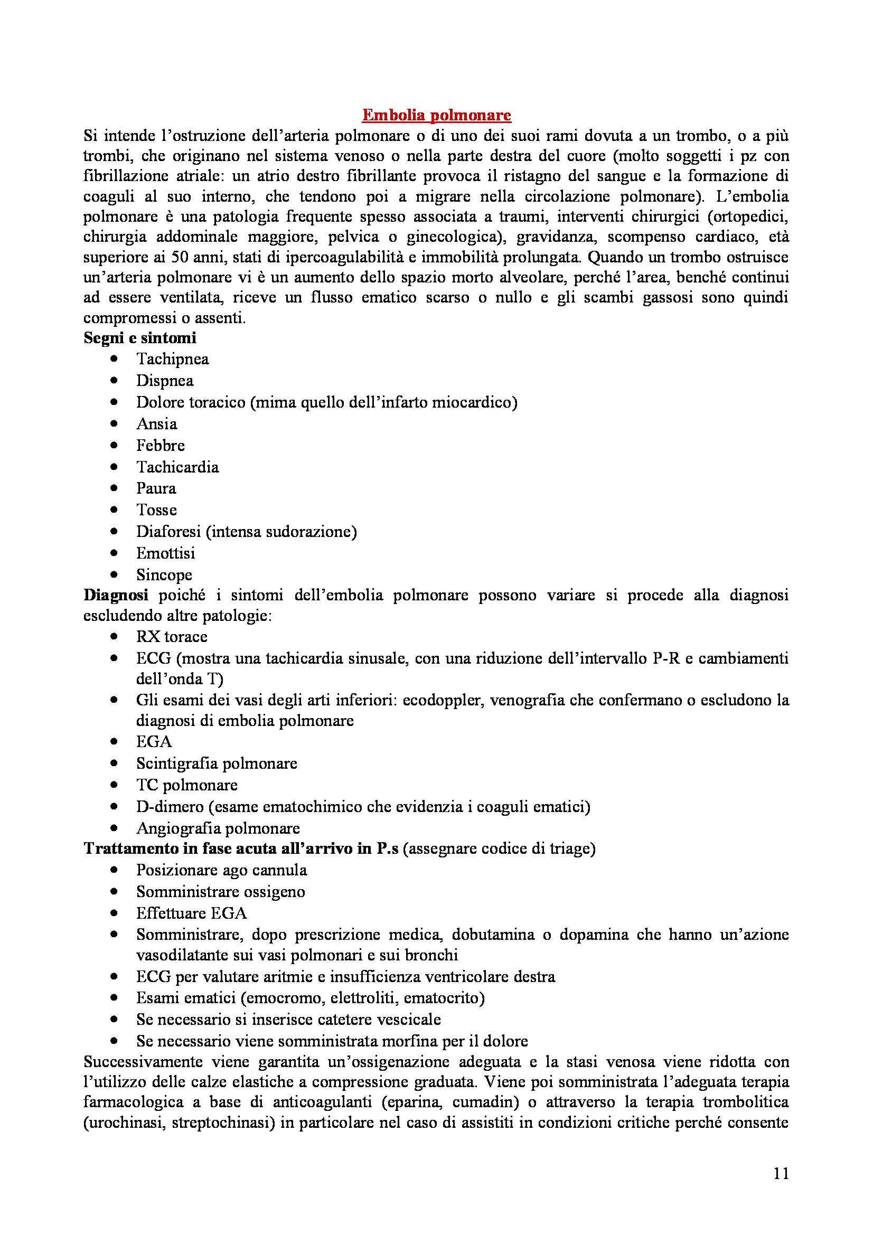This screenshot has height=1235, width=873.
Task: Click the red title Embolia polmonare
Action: [x=436, y=115]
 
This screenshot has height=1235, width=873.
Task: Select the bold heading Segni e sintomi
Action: [x=140, y=338]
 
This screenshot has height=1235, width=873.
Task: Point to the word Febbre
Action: [x=161, y=446]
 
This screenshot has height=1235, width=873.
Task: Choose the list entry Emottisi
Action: [x=166, y=553]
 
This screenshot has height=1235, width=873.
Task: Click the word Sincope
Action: [x=164, y=574]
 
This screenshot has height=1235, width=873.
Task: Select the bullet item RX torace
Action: [x=172, y=637]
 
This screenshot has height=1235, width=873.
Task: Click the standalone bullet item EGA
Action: [x=154, y=742]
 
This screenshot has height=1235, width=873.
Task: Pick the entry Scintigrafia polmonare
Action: [x=216, y=763]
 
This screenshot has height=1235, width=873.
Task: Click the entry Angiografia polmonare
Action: [x=218, y=828]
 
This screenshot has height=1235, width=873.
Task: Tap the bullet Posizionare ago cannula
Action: [x=222, y=870]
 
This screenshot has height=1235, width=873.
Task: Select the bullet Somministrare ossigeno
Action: [x=221, y=892]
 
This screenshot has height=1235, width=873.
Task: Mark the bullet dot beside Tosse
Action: [x=114, y=510]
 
